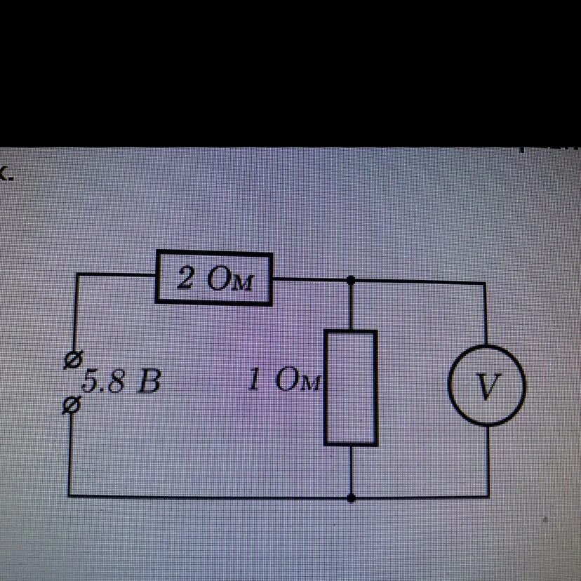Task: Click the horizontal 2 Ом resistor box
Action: click(213, 279)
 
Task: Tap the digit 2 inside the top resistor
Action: click(185, 279)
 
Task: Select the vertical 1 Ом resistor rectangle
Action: click(350, 387)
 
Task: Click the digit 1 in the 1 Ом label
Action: click(256, 380)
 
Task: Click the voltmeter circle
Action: click(487, 385)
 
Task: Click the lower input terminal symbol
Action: click(71, 406)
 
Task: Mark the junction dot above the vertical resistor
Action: click(351, 280)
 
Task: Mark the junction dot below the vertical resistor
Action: click(351, 497)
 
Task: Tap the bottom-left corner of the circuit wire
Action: click(70, 495)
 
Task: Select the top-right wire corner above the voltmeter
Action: click(485, 283)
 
